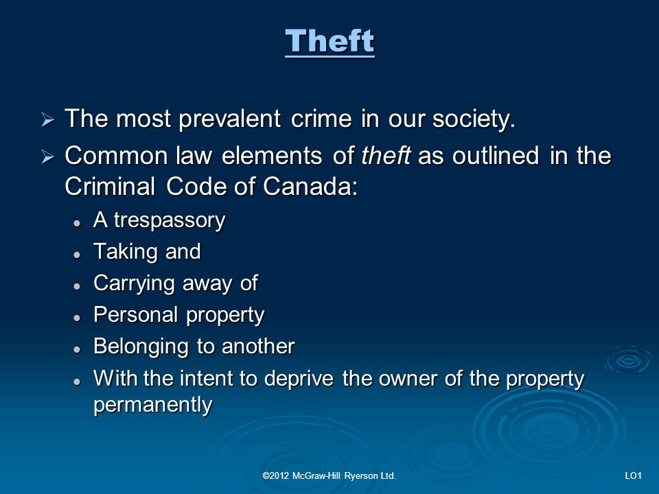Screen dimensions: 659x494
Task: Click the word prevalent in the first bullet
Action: pos(229,119)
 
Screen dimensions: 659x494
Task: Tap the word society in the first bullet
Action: pos(471,119)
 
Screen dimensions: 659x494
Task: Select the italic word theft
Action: pos(386,156)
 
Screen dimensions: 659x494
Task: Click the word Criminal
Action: pos(110,187)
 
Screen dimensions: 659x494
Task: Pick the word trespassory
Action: pos(170,221)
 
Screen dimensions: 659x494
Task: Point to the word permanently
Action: pos(153,405)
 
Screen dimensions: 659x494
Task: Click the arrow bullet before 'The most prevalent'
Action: pos(47,121)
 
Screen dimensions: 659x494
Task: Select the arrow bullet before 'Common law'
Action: pos(47,158)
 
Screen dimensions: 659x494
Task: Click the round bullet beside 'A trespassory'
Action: pos(76,224)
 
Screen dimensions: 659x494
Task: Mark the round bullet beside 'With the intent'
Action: pos(76,381)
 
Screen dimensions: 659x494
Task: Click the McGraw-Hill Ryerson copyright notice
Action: pos(329,476)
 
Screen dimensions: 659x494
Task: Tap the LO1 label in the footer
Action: pos(634,476)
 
